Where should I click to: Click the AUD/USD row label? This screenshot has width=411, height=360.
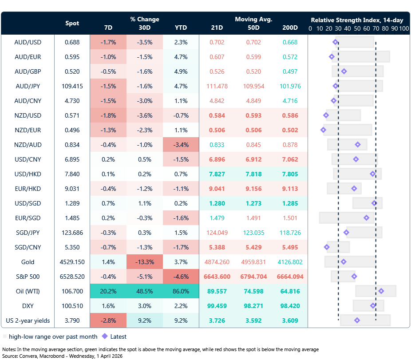(x=28, y=42)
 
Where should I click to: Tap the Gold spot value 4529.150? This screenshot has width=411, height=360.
(x=72, y=262)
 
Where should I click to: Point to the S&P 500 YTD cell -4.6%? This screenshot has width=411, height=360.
(x=181, y=277)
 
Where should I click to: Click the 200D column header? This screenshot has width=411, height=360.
(x=290, y=28)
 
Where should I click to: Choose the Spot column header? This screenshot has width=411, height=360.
(x=72, y=23)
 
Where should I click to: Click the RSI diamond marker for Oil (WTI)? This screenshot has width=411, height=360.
(x=381, y=291)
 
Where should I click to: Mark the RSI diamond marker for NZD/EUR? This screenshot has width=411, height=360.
(x=323, y=130)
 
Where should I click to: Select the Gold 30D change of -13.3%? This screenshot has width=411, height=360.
(x=144, y=262)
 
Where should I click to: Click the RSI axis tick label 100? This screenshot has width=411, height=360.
(x=403, y=28)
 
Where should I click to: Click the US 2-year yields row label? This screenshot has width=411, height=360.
(x=28, y=320)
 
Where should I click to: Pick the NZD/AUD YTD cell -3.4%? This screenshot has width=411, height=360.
(x=181, y=145)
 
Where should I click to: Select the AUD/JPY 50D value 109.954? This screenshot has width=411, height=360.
(x=253, y=86)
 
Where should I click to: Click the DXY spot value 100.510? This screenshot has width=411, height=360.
(x=72, y=306)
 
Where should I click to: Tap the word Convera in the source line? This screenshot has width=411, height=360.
(x=28, y=356)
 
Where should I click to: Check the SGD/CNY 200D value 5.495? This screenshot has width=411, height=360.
(x=290, y=247)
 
